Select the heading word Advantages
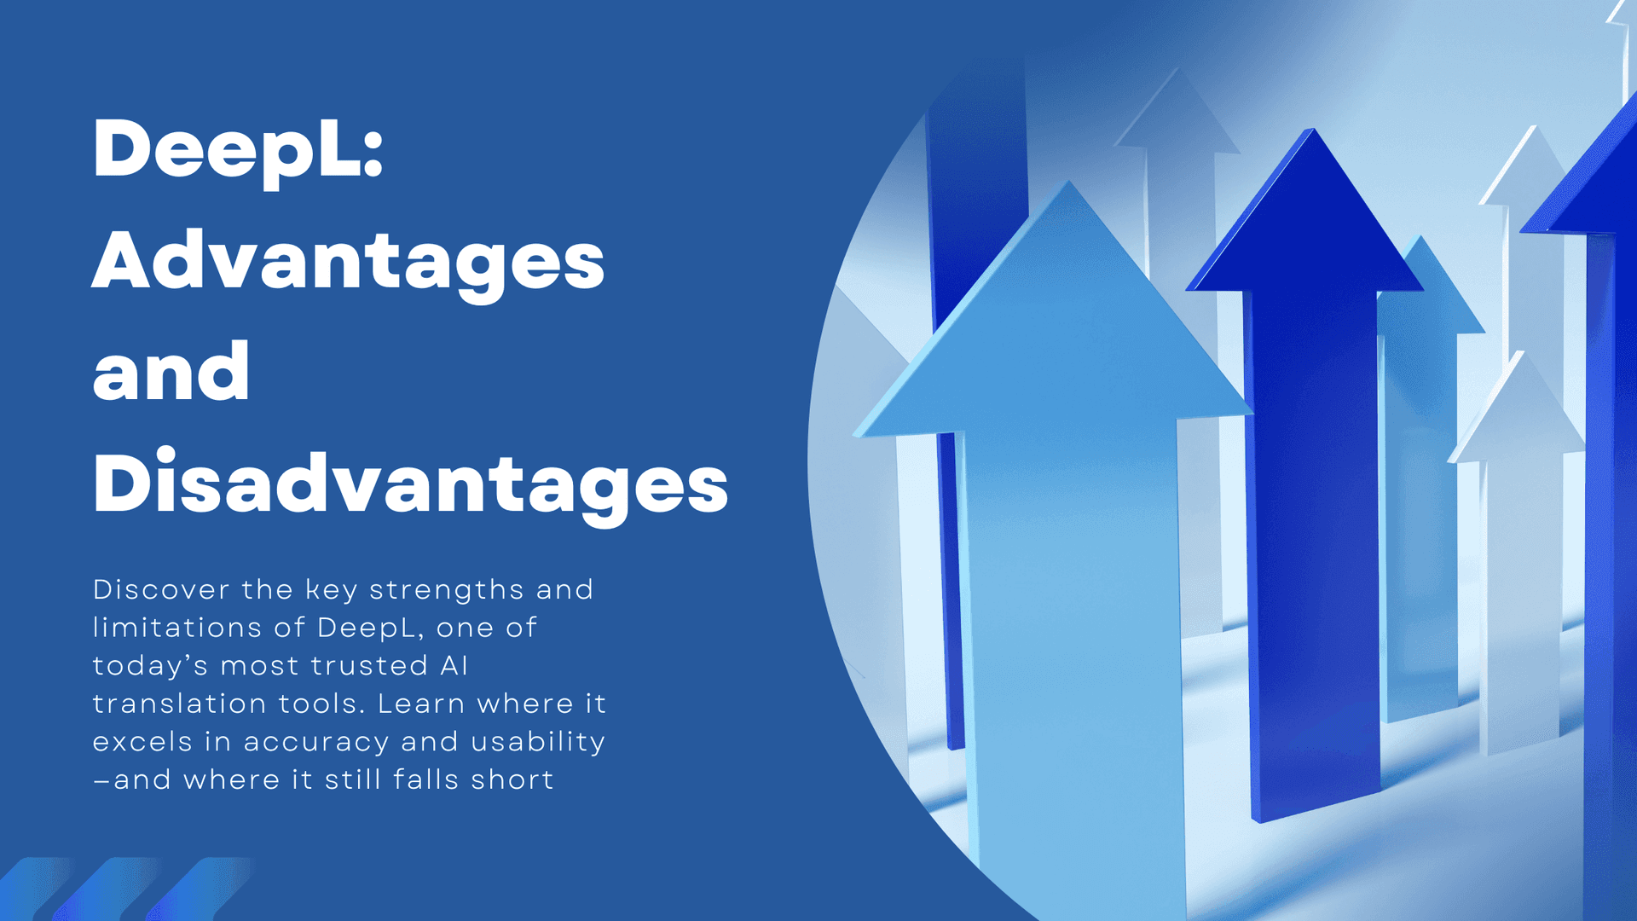click(349, 260)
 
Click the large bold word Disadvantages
click(410, 483)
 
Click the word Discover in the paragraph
click(161, 589)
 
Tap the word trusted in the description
click(368, 665)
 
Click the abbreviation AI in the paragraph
click(454, 665)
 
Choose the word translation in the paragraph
click(180, 704)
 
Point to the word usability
click(538, 742)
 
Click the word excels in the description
click(142, 742)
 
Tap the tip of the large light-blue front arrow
click(1068, 182)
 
